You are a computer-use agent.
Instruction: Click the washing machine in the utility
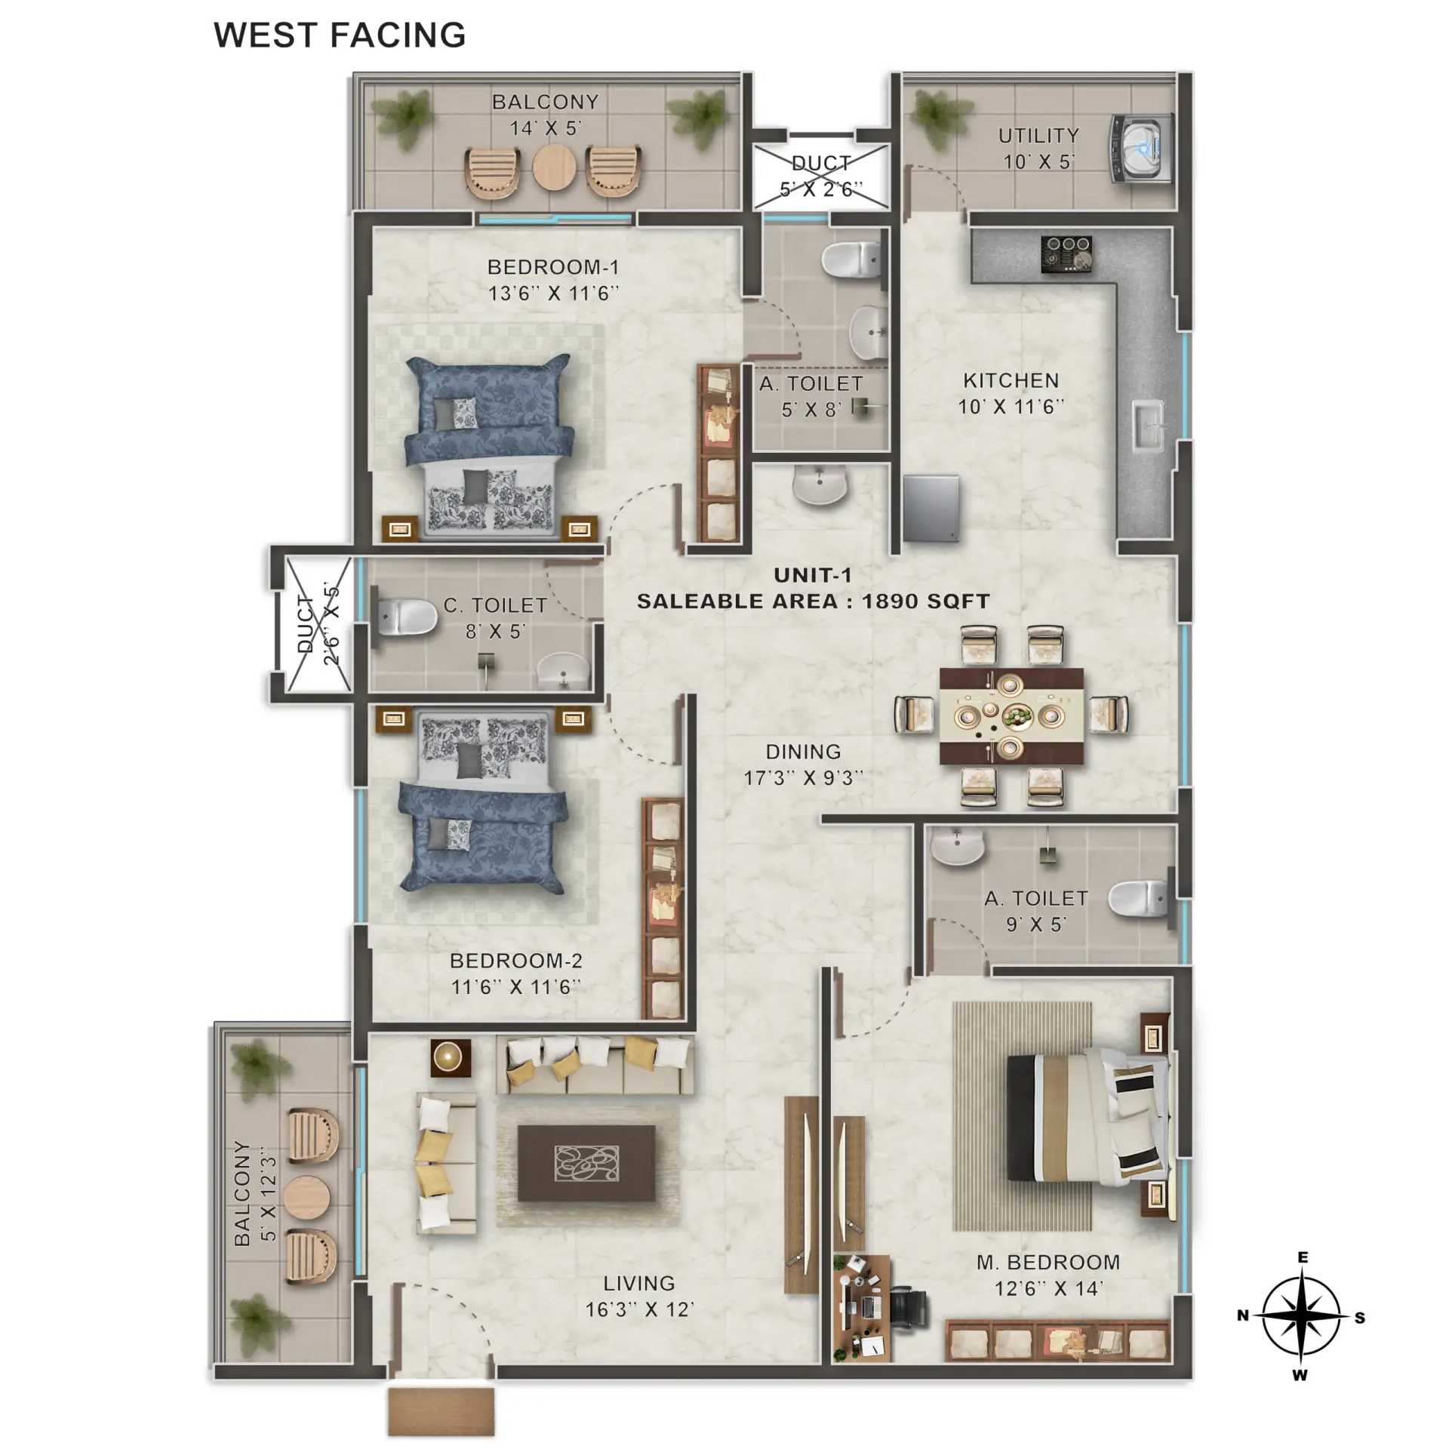pyautogui.click(x=1141, y=149)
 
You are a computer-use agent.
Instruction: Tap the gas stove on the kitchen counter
pyautogui.click(x=1066, y=253)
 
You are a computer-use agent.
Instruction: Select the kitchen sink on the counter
pyautogui.click(x=1150, y=427)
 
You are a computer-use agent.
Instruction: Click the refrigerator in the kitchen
pyautogui.click(x=931, y=509)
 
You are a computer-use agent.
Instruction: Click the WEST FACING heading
pyautogui.click(x=340, y=35)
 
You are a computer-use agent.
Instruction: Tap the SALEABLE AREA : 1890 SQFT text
pyautogui.click(x=813, y=601)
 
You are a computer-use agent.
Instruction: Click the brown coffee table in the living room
pyautogui.click(x=586, y=1163)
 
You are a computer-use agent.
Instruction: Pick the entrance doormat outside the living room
pyautogui.click(x=441, y=1411)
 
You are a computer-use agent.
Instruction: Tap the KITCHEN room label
pyautogui.click(x=1011, y=381)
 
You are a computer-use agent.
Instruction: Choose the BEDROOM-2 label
pyautogui.click(x=516, y=961)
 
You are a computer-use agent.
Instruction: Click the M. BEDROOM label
pyautogui.click(x=1048, y=1263)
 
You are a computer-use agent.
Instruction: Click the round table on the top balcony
pyautogui.click(x=555, y=168)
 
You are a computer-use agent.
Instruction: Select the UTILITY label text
pyautogui.click(x=1038, y=136)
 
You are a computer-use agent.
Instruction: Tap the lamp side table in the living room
pyautogui.click(x=451, y=1057)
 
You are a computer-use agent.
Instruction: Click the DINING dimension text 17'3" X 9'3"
pyautogui.click(x=804, y=778)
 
